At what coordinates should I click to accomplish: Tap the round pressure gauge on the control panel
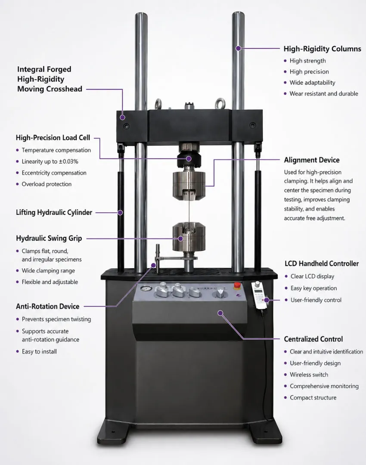coord(146,289)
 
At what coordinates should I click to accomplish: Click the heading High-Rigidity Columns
coord(323,49)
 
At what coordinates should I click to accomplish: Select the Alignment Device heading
coord(312,160)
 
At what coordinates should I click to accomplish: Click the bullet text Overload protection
coord(47,184)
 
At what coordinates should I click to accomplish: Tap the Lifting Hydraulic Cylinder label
coord(54,212)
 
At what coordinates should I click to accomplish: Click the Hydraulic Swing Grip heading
coord(49,239)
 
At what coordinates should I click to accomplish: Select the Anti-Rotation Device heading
coord(48,307)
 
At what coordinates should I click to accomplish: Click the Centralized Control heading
coord(313,339)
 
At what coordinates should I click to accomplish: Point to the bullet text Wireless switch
coord(309,375)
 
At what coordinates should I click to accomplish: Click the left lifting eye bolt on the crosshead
coord(158,104)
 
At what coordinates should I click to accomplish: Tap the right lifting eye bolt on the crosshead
coord(220,104)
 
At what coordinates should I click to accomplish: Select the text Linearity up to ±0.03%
coord(50,161)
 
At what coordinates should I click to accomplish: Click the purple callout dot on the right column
coord(238,48)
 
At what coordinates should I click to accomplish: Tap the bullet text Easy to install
coord(39,351)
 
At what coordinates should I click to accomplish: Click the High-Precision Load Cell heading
coord(53,138)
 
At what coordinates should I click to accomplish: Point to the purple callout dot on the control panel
coord(220,313)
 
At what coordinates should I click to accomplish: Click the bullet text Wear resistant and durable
coord(324,94)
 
